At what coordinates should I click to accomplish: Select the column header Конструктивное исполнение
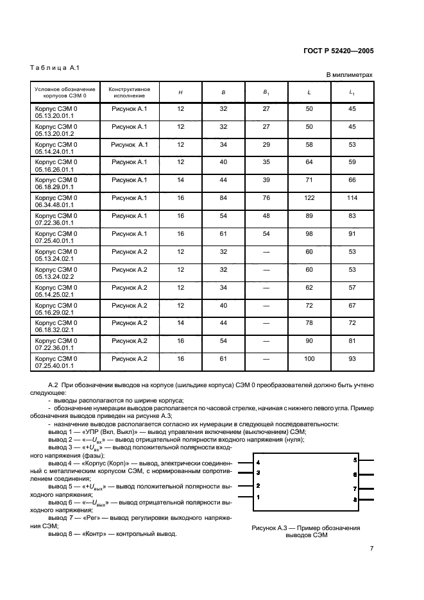tap(129, 92)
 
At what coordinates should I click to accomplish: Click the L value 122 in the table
tap(309, 201)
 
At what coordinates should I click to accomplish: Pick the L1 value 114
tap(352, 201)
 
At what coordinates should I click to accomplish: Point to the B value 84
tap(223, 201)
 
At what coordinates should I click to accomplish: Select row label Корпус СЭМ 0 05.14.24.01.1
tap(55, 149)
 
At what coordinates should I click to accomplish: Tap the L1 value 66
tap(352, 183)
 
